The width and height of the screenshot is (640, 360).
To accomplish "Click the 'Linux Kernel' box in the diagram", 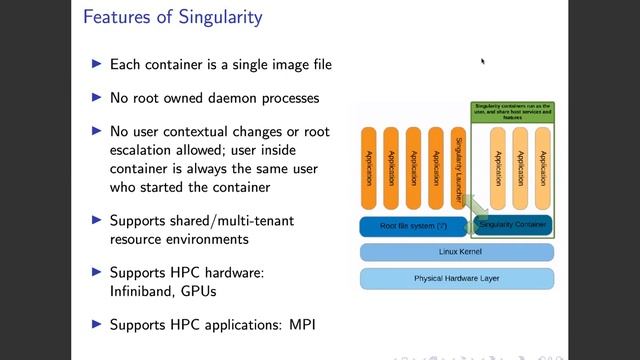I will [456, 251].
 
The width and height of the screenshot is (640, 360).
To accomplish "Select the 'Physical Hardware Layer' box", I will [456, 277].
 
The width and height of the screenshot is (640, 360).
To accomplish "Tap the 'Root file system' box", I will [412, 226].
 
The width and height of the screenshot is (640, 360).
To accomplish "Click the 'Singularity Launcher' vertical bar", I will [459, 168].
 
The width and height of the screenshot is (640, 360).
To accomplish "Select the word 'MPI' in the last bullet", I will [299, 324].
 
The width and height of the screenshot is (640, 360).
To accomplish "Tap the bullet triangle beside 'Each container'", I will [97, 64].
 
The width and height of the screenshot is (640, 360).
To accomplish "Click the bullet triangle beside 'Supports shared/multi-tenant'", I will [97, 220].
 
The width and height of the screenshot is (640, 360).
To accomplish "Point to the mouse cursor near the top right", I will [482, 61].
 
